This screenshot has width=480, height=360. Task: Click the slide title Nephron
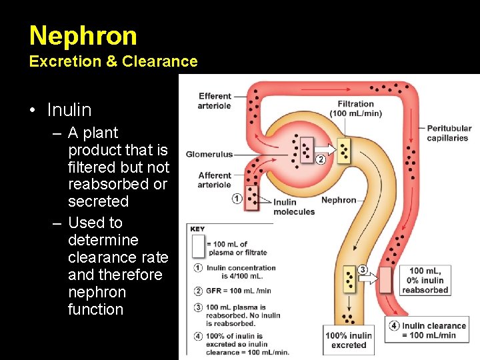pos(83,35)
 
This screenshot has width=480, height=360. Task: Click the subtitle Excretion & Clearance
pos(113,61)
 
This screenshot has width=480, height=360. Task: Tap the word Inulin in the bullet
pos(69,109)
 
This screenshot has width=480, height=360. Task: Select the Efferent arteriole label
pos(215,101)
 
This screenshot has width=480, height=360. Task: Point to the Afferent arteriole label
pos(215,180)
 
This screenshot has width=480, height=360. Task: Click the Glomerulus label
pos(209,154)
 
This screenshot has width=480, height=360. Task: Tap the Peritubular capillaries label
pos(449,133)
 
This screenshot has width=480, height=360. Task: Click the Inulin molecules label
pos(294,207)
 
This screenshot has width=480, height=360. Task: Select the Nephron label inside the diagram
pos(339,200)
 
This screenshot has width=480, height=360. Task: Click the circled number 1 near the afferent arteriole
pos(237,199)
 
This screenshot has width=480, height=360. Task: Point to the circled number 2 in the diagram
pos(321,159)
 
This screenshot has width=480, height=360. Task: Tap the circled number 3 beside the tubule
pos(363,269)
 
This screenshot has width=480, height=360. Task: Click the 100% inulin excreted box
pos(349,340)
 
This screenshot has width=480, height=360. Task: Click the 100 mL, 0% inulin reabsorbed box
pos(425,280)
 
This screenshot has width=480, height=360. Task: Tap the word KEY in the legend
pos(197,229)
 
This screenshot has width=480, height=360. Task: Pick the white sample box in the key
pos(197,246)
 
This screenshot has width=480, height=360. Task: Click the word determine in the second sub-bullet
pos(103,240)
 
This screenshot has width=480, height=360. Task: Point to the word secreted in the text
pos(98,201)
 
